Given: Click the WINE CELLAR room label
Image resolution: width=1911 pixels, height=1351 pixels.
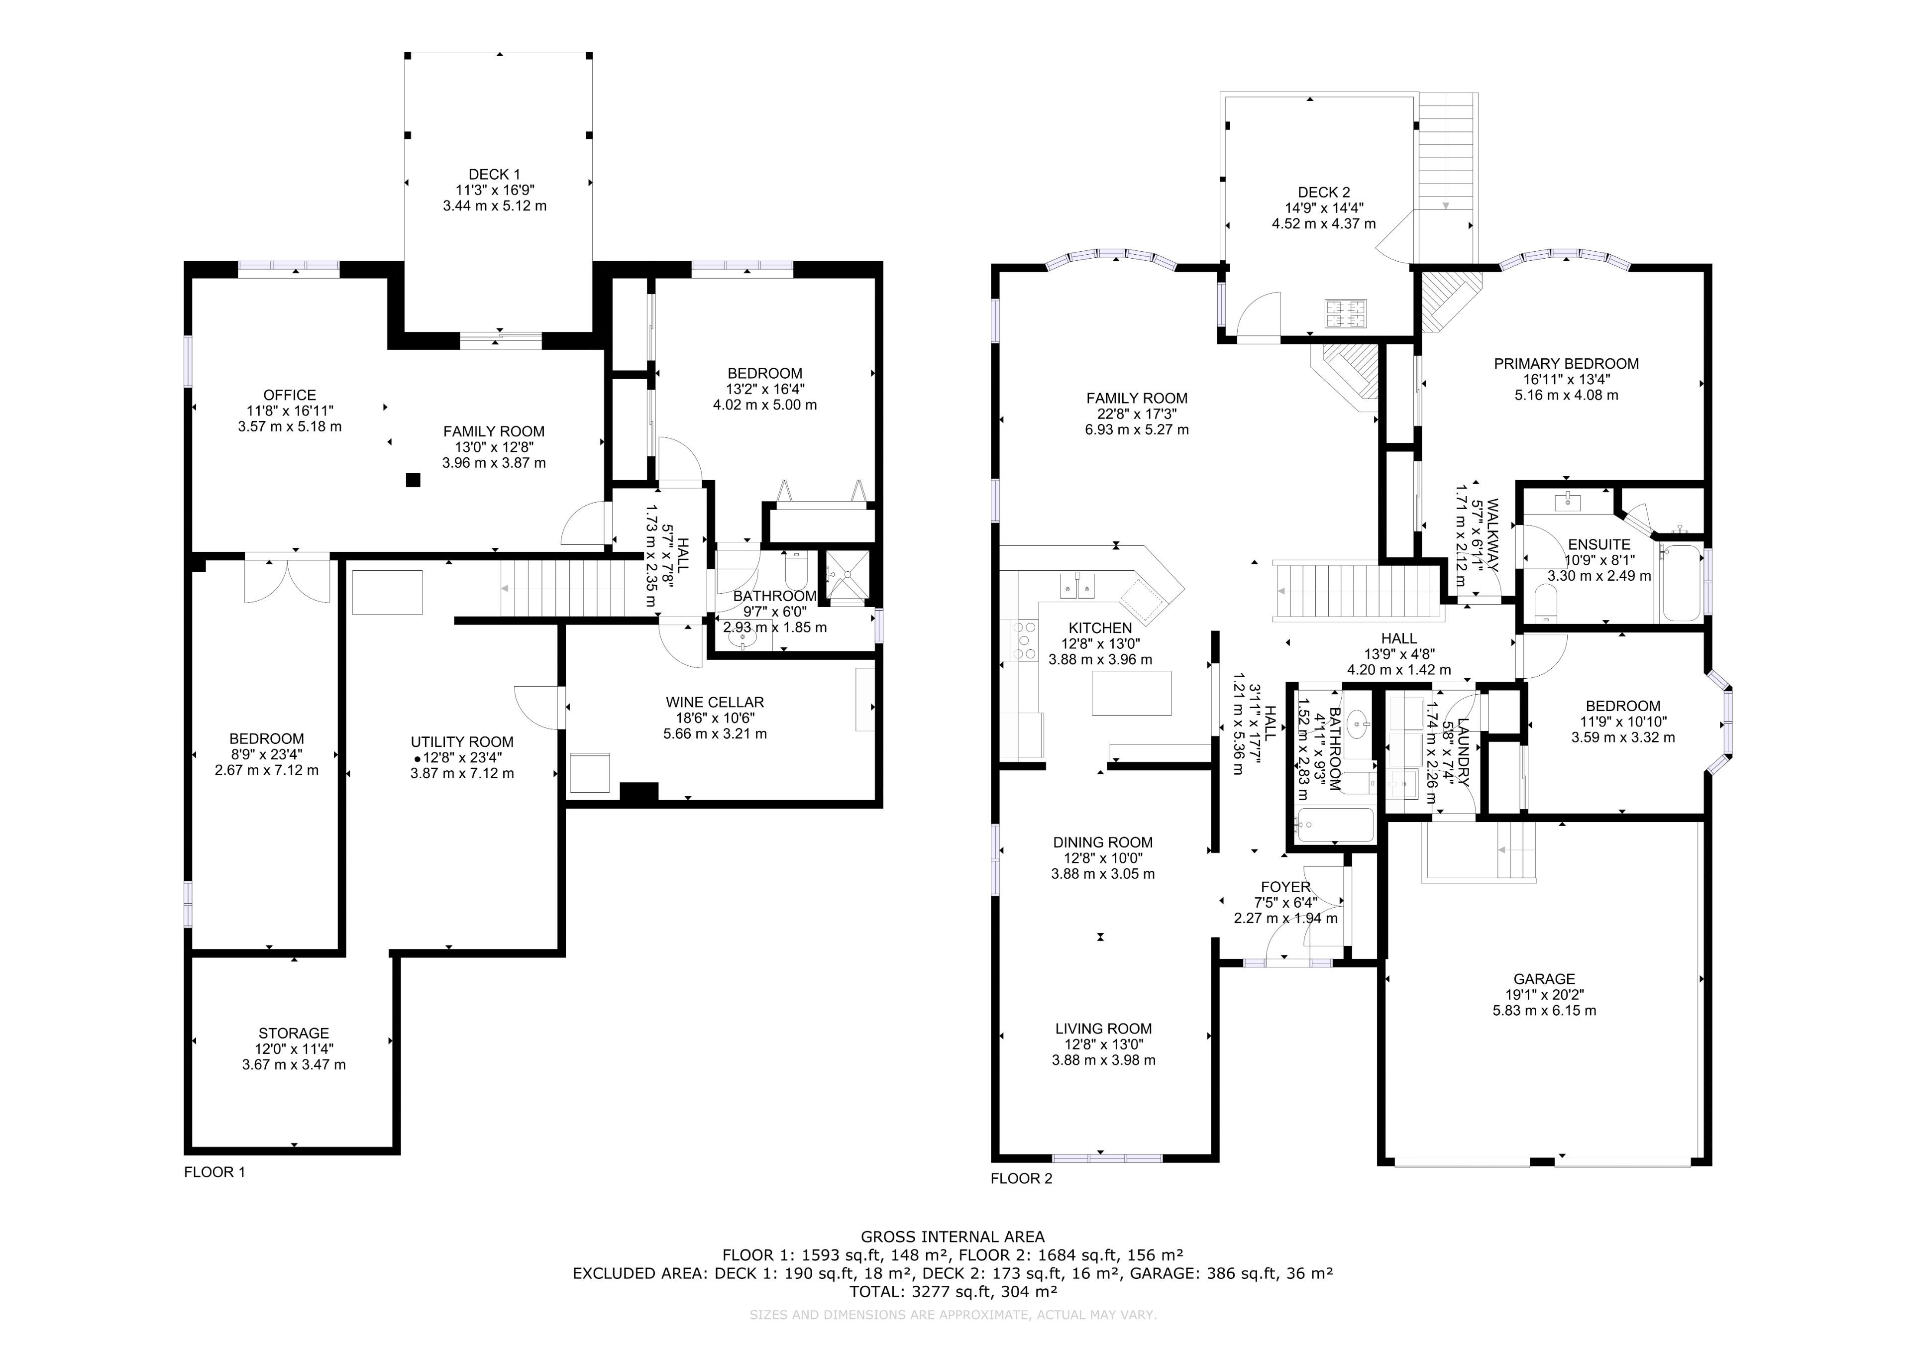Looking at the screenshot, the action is pos(714,702).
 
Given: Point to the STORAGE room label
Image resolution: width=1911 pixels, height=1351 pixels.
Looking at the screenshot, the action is pos(293,1033).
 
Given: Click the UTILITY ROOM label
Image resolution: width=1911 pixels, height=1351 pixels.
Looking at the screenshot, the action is pos(462,741).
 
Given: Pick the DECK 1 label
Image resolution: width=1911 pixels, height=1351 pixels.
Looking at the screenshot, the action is pos(494,174).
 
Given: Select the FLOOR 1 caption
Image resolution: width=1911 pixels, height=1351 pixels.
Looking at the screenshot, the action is pos(214,1172).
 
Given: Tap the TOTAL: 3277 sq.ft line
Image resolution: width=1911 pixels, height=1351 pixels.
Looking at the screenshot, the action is pos(953,1292).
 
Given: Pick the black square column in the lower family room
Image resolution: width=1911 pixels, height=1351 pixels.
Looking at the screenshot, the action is pos(413,480).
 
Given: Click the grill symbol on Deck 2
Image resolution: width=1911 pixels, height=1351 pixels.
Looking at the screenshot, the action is pos(1345,312).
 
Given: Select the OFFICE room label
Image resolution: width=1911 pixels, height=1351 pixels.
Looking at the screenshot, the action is pos(290,395).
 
